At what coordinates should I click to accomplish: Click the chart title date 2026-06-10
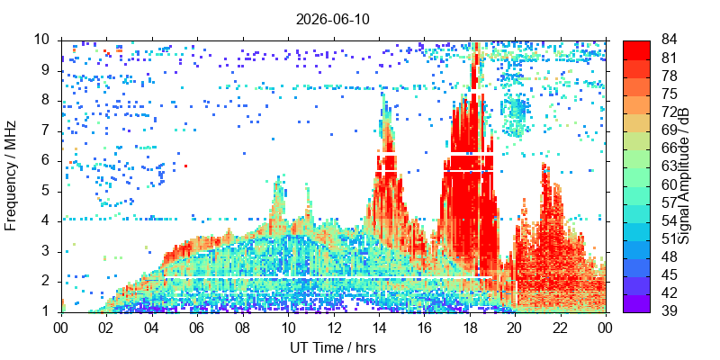click(x=332, y=20)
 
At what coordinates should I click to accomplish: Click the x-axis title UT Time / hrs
click(x=333, y=347)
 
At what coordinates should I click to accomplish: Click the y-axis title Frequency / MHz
click(x=11, y=175)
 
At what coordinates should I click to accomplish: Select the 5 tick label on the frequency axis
click(x=53, y=192)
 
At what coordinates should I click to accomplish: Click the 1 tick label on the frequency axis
click(x=53, y=312)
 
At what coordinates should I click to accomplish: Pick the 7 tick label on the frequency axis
click(x=53, y=130)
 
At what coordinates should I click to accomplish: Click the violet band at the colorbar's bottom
click(x=636, y=303)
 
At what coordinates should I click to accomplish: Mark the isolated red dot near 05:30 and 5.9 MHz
click(x=185, y=166)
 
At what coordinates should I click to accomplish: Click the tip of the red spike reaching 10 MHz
click(x=477, y=42)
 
